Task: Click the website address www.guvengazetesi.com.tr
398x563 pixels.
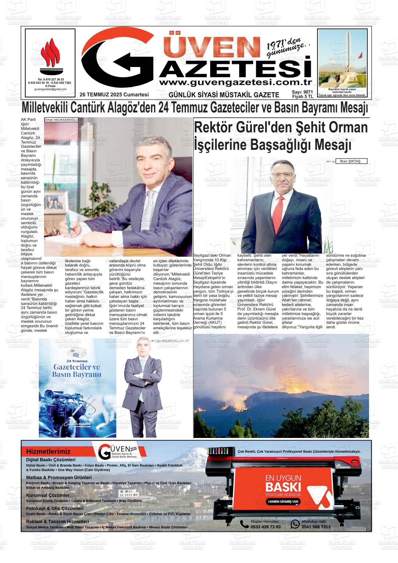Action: (x=235, y=82)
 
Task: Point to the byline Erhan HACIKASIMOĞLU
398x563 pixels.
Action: (x=61, y=120)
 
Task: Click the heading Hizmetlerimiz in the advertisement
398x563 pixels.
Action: (x=48, y=452)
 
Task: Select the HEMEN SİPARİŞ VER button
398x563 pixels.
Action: (x=283, y=502)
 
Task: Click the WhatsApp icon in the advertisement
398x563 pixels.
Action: (x=295, y=524)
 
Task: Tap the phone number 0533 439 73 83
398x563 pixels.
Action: (x=265, y=527)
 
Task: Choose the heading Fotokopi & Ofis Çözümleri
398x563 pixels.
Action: (x=55, y=509)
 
